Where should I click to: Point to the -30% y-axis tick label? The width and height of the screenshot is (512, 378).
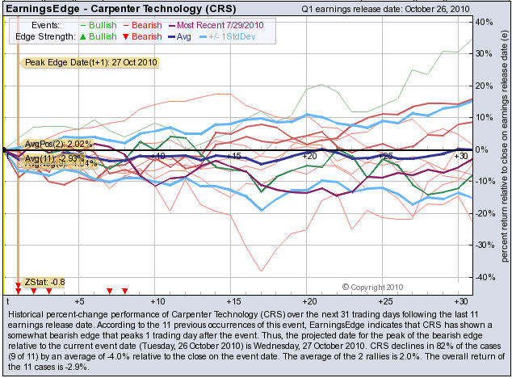tap(483, 245)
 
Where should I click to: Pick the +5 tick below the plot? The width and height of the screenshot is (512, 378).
tap(79, 300)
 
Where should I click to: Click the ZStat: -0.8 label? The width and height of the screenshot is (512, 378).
tap(45, 282)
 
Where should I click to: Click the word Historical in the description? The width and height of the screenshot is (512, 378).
tap(27, 313)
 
